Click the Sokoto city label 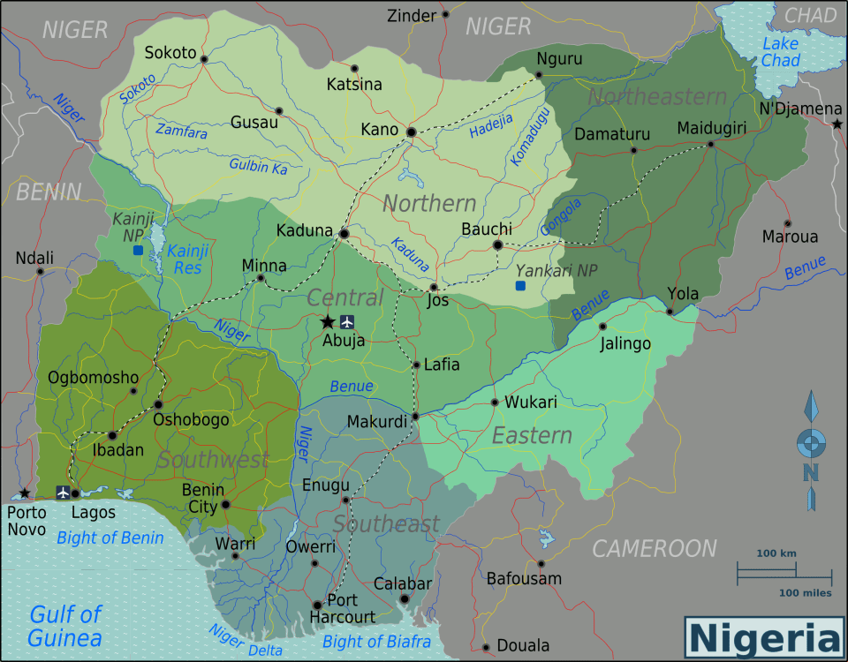[x=170, y=53]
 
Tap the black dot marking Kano [x=411, y=132]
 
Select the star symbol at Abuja [x=328, y=321]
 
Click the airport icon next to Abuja [x=346, y=321]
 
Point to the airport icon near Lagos [x=63, y=493]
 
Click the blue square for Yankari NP [x=520, y=286]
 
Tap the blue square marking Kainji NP [x=138, y=251]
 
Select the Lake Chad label [x=781, y=52]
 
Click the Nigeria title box [x=765, y=637]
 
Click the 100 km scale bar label [x=776, y=553]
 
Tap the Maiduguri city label [x=712, y=129]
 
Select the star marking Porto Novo [x=25, y=493]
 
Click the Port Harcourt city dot [x=317, y=605]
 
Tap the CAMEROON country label [x=654, y=548]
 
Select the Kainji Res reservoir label [x=188, y=259]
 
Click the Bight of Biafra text [x=376, y=642]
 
